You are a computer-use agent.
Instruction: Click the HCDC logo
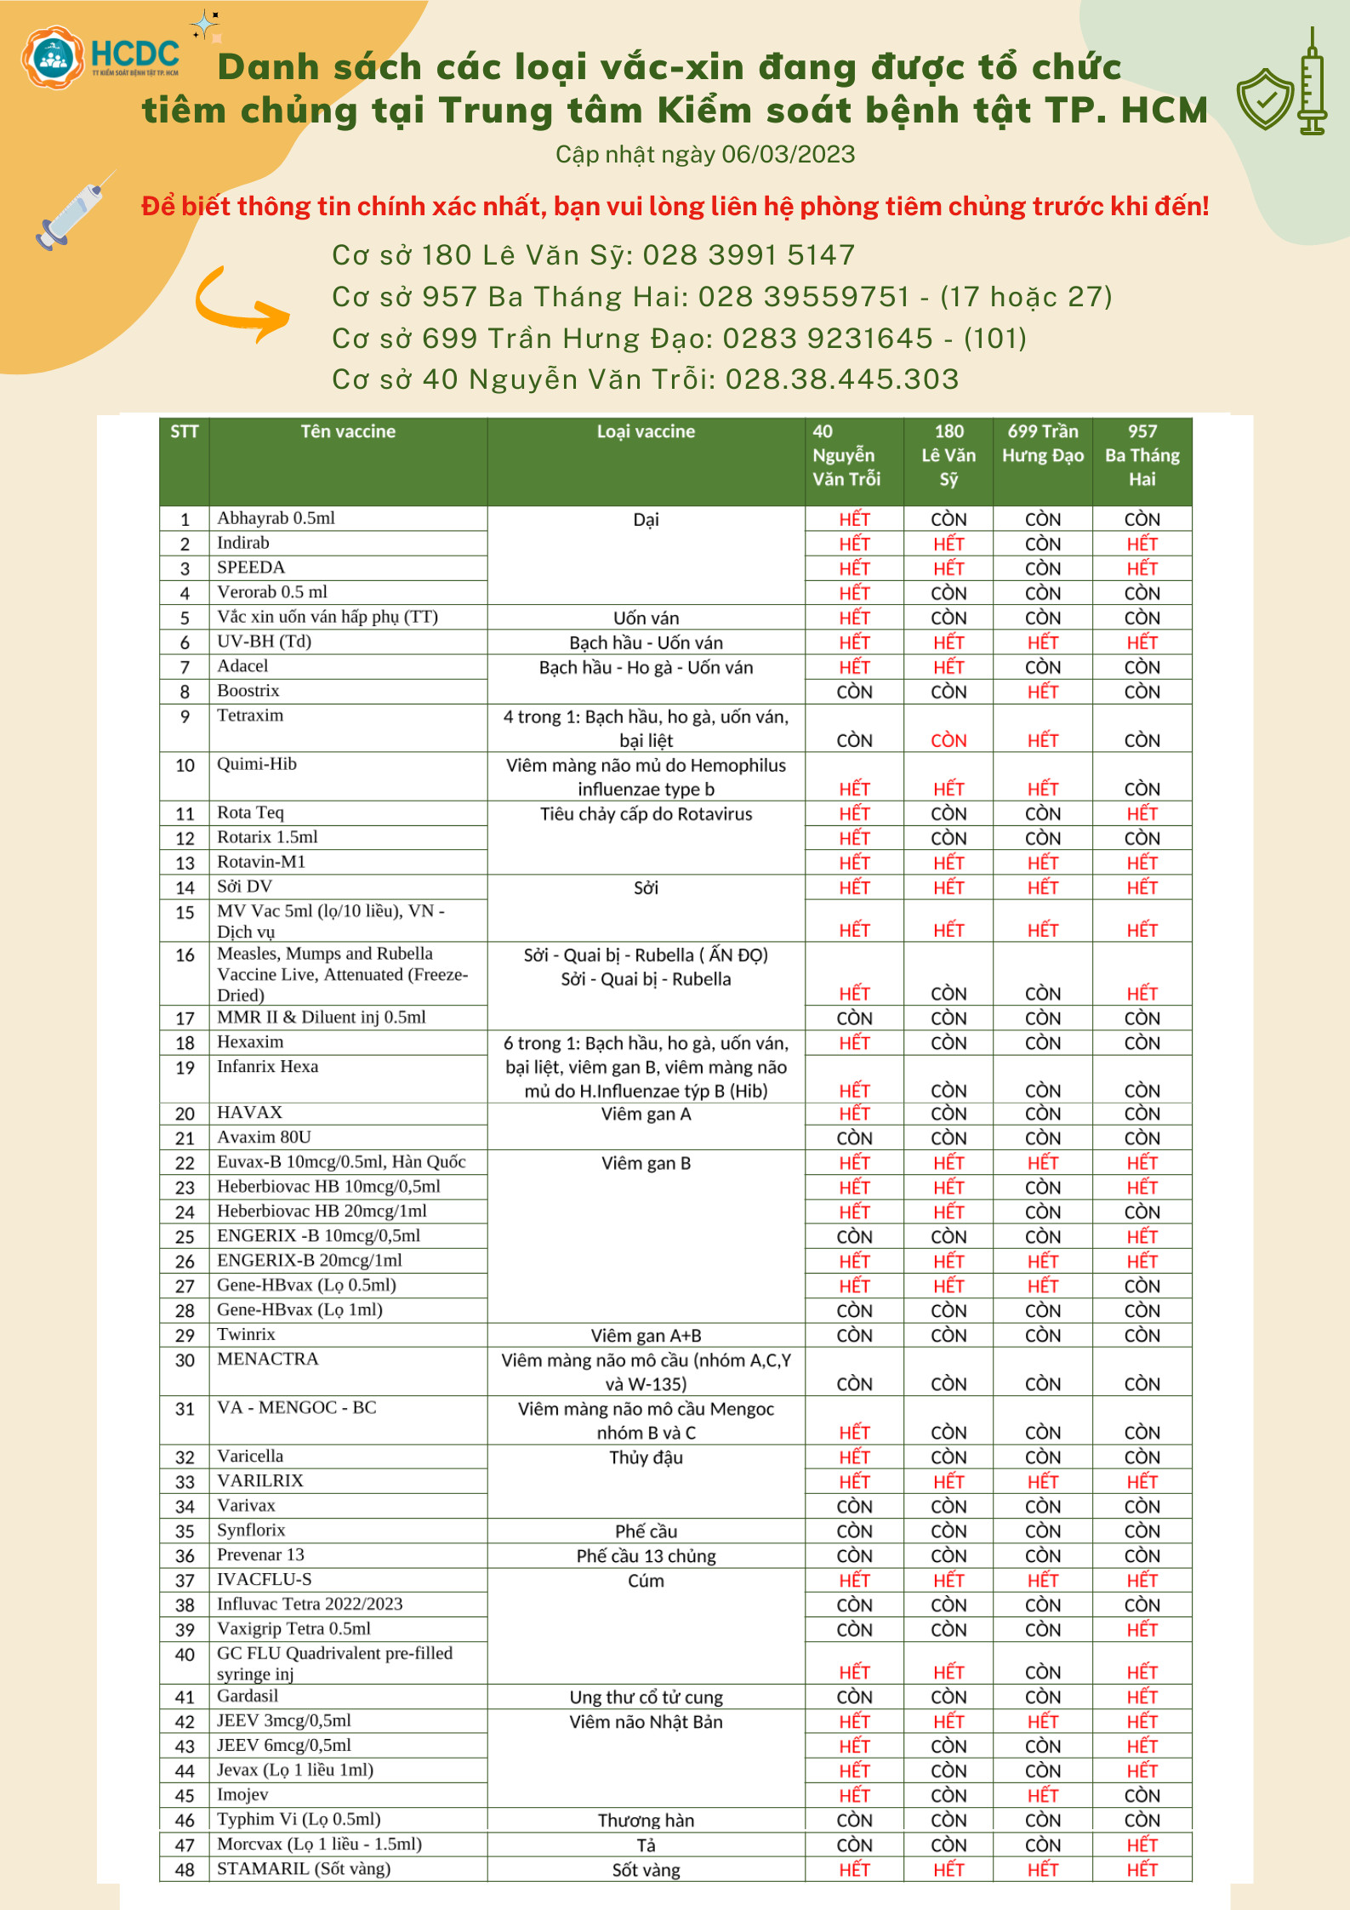100,56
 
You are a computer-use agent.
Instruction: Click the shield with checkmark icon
1265,98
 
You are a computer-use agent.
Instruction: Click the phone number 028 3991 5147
749,254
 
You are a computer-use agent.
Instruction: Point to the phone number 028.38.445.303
841,379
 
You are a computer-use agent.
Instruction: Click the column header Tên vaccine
348,431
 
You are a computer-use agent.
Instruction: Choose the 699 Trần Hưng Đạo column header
1042,443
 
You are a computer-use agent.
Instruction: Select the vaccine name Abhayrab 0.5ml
276,518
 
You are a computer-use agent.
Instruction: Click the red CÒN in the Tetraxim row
948,740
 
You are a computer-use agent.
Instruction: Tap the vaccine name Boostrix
248,691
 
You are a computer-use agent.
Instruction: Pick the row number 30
185,1360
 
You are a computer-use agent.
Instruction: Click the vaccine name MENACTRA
267,1359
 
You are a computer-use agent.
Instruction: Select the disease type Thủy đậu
646,1457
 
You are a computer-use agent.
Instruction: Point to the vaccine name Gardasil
247,1696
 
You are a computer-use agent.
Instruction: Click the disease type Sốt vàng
646,1870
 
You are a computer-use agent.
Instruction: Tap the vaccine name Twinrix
246,1334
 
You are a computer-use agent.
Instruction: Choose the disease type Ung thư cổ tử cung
646,1697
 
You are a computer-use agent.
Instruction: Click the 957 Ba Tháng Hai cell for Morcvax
1142,1844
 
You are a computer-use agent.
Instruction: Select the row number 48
185,1870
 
